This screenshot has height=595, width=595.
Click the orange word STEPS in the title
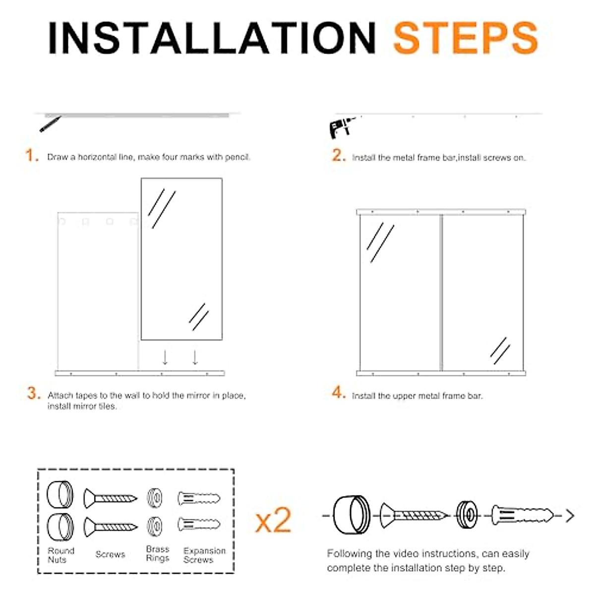pos(466,38)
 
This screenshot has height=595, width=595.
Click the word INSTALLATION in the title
pos(212,38)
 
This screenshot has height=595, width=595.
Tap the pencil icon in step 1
pos(51,124)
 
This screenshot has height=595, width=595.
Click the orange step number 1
pos(32,155)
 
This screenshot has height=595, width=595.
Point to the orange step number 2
pos(339,155)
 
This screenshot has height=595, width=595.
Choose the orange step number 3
pos(34,393)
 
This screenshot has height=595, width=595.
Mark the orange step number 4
pos(339,393)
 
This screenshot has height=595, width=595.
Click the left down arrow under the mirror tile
pos(165,357)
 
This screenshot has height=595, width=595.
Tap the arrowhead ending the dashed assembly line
pos(570,516)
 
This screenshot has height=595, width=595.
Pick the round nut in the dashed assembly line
pos(352,515)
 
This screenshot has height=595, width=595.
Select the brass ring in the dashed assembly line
pos(467,515)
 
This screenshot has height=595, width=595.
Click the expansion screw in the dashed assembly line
pos(523,515)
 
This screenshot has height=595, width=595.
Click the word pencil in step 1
pos(237,158)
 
